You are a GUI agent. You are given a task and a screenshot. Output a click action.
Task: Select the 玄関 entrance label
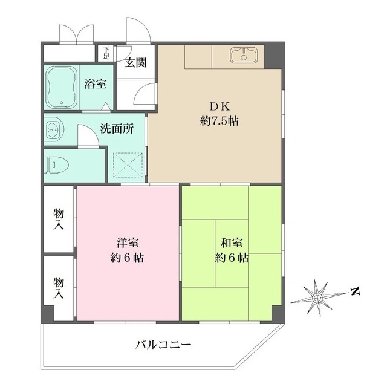click(x=135, y=62)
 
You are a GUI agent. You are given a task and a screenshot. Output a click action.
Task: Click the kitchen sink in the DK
click(x=244, y=56)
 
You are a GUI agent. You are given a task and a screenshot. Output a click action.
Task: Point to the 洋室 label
click(x=128, y=243)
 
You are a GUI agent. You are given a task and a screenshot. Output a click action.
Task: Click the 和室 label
click(x=231, y=243)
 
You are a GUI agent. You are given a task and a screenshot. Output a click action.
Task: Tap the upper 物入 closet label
click(x=59, y=219)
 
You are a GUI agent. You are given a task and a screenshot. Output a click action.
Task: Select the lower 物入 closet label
click(x=59, y=288)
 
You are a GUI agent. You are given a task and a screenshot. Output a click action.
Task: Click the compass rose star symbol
click(x=316, y=296)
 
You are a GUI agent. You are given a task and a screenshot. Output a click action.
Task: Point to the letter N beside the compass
click(x=354, y=293)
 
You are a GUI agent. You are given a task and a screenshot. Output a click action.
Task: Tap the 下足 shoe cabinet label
click(x=106, y=53)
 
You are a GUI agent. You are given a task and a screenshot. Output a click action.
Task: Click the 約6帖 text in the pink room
click(x=128, y=258)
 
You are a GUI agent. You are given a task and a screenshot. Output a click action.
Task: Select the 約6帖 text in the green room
click(x=231, y=258)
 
